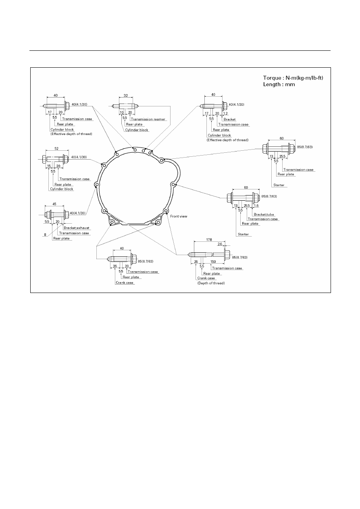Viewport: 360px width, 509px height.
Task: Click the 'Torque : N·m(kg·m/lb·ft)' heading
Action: point(293,78)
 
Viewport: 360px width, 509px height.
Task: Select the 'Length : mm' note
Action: point(279,85)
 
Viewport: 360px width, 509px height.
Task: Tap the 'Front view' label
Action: point(179,216)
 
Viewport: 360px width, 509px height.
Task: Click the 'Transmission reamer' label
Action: point(148,119)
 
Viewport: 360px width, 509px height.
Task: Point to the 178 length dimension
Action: point(209,239)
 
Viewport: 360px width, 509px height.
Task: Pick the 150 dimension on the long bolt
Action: point(213,262)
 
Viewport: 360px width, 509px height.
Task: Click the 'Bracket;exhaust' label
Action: point(76,228)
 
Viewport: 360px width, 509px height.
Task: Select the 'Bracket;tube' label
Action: point(264,214)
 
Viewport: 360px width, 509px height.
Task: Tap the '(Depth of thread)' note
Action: point(211,283)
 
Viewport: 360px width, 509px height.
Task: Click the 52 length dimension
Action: point(56,149)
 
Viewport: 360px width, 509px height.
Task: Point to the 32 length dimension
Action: point(126,96)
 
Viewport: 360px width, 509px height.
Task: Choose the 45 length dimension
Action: point(54,204)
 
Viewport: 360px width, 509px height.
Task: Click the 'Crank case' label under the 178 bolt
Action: point(206,278)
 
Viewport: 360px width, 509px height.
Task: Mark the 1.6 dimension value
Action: point(256,206)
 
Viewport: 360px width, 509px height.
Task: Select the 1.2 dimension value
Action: point(225,113)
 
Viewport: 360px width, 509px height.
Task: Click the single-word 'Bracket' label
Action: point(229,119)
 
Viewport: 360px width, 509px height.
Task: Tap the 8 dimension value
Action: point(45,235)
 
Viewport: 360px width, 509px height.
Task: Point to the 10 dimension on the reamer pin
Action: point(122,112)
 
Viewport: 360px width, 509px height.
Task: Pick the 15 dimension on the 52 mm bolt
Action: point(49,166)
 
